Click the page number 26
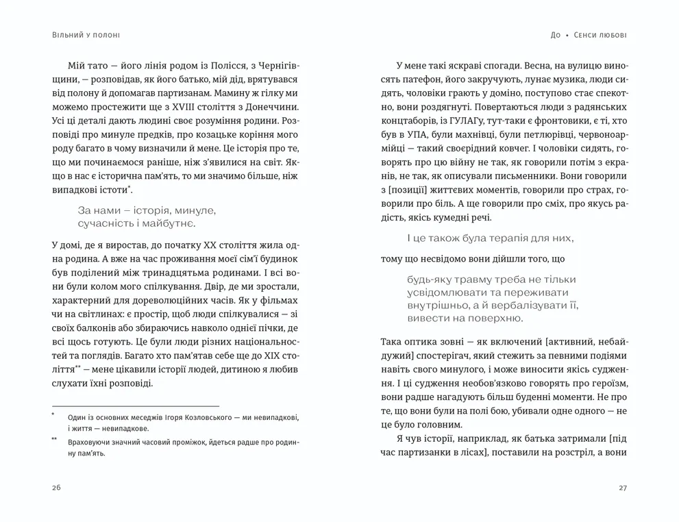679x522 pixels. point(55,488)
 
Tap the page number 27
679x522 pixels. point(622,488)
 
